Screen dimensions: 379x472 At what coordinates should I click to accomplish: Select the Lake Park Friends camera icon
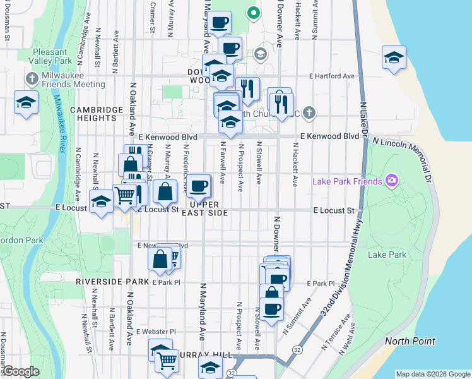(x=392, y=182)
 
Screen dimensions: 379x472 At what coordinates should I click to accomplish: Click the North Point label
(x=410, y=341)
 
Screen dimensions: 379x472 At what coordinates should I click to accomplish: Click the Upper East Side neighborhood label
(x=204, y=209)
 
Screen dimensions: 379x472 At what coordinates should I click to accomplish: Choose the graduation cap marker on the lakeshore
(x=393, y=59)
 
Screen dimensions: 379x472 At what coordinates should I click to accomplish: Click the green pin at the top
(x=252, y=12)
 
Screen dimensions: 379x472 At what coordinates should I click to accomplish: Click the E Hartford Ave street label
(x=331, y=76)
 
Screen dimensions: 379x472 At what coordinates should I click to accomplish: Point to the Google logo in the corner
(x=20, y=371)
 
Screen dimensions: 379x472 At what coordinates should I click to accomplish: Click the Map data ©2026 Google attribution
(x=432, y=374)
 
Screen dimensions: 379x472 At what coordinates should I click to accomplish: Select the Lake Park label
(x=387, y=255)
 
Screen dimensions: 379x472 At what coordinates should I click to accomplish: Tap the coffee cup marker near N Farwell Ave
(x=199, y=185)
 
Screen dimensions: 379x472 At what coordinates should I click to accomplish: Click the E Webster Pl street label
(x=156, y=332)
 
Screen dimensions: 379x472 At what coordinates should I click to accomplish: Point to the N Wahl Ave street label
(x=347, y=339)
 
